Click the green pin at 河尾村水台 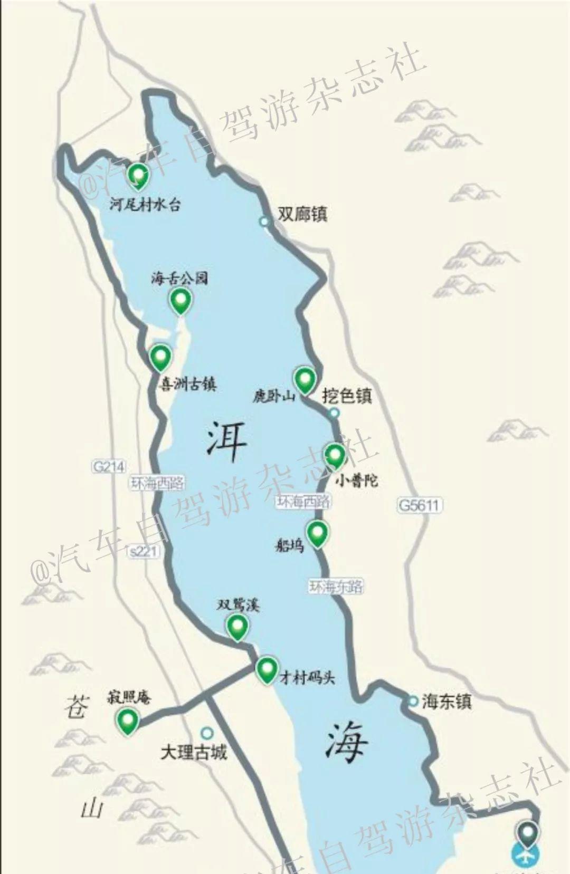click(138, 174)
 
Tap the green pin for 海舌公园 click(180, 300)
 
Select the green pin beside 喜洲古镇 click(160, 357)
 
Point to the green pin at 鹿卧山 click(305, 379)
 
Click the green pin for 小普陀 click(335, 455)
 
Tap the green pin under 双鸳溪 click(237, 626)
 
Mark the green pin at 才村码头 click(267, 669)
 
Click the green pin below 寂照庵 click(128, 719)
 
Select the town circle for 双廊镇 click(264, 222)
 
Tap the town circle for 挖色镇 click(333, 413)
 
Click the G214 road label click(109, 466)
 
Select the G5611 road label click(419, 505)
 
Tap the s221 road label click(143, 551)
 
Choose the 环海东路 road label click(336, 586)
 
